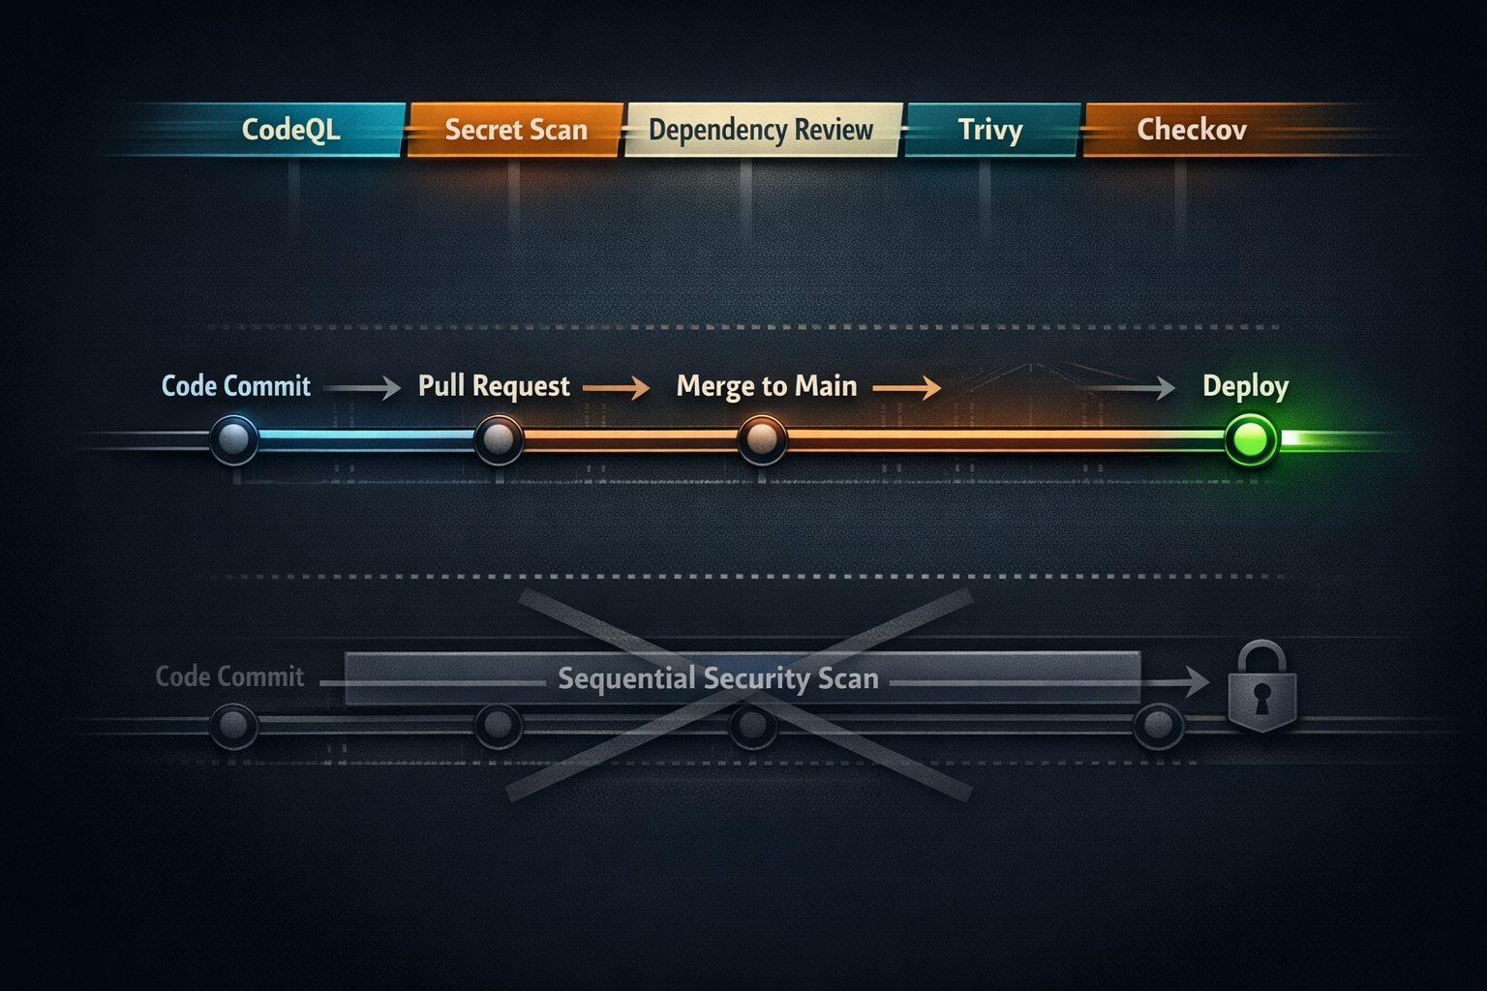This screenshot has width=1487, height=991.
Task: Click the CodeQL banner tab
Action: (290, 130)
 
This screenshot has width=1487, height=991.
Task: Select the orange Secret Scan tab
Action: (515, 130)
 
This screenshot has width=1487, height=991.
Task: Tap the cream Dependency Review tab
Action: (761, 130)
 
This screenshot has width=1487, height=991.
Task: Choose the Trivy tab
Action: (990, 130)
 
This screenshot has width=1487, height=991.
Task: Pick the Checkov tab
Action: (1191, 130)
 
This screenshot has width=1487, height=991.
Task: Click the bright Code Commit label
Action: (235, 386)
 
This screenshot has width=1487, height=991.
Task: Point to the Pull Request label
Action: (494, 386)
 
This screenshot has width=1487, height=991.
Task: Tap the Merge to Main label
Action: (767, 386)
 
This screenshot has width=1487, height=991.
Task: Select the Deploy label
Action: (1245, 386)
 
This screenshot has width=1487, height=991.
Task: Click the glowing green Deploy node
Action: (1251, 439)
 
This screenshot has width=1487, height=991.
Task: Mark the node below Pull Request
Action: (499, 439)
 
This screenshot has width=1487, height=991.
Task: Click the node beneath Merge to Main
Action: (762, 439)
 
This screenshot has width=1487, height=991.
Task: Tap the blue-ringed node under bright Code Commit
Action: (234, 439)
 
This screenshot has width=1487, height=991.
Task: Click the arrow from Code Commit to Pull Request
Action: (362, 388)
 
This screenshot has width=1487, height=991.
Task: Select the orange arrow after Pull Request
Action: (617, 388)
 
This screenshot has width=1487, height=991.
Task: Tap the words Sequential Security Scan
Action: (718, 678)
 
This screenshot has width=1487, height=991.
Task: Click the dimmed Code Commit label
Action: (229, 676)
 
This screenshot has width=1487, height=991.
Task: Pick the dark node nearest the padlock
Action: (1158, 724)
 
